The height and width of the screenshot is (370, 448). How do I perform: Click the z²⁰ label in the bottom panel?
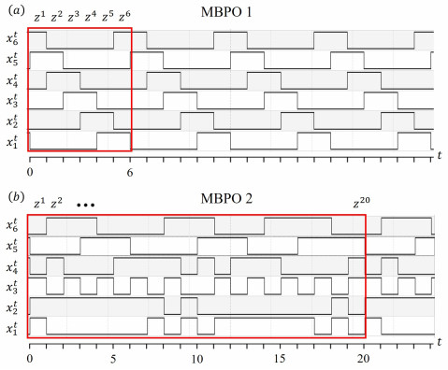click(x=360, y=202)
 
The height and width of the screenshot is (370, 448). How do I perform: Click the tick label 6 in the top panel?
click(x=131, y=173)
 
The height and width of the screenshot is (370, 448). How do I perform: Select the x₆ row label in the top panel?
click(x=12, y=38)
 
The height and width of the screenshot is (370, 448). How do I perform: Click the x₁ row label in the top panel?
click(x=12, y=141)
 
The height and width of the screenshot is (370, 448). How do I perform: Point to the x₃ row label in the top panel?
click(x=12, y=100)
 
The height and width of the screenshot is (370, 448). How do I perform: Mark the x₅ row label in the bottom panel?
click(x=12, y=247)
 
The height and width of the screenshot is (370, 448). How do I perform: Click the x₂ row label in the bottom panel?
click(x=12, y=307)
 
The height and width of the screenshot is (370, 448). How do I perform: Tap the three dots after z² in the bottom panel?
click(x=86, y=204)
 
